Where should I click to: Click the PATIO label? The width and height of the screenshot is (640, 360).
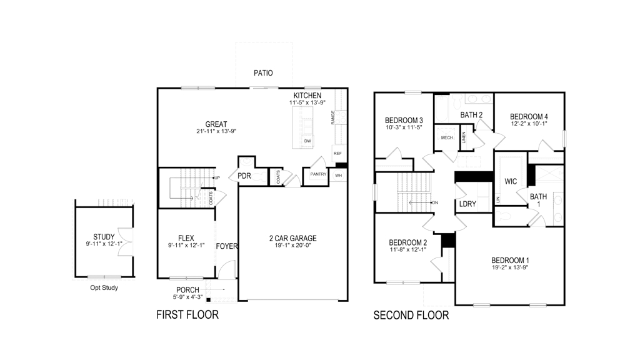coord(263,73)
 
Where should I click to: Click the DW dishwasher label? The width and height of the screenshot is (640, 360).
coord(307,141)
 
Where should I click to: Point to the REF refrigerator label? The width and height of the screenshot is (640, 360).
coord(337,153)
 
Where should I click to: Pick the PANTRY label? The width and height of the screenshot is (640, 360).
coord(318,174)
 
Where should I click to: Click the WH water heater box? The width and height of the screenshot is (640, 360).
coord(338,176)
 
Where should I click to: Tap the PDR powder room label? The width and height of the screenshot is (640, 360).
coord(244,176)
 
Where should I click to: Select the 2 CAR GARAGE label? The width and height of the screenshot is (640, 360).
coord(292,238)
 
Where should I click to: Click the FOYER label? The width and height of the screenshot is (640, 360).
coord(227,246)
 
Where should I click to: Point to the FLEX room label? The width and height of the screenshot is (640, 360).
coord(186,238)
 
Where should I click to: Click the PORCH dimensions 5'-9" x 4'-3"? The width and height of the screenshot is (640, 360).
coord(187,297)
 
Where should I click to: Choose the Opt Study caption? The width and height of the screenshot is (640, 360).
coord(104,288)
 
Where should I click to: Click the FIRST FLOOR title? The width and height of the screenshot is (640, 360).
coord(187,315)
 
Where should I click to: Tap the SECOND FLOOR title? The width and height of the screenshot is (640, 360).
coord(411,315)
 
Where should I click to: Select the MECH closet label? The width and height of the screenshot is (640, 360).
coord(447,138)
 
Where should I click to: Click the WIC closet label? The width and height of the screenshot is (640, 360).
coord(510,182)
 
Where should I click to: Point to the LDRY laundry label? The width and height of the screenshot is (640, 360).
coord(467,204)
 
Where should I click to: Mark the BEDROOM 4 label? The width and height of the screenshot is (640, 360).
coord(529,117)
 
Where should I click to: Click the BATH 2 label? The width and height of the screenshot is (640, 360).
coord(472,114)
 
